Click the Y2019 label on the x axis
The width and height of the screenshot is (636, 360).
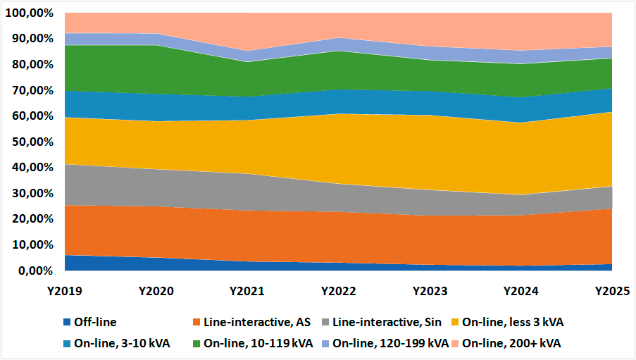[65, 292]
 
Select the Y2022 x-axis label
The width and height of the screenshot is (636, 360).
[338, 292]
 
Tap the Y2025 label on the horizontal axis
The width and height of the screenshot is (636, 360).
[612, 292]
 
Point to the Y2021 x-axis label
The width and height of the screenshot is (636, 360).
[247, 292]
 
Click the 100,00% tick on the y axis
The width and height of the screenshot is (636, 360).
[29, 13]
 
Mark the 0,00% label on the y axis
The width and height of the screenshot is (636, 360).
[36, 271]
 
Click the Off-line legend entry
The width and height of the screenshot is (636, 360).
[90, 322]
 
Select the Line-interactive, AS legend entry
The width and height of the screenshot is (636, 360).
[251, 322]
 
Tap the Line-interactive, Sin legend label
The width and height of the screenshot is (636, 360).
[382, 322]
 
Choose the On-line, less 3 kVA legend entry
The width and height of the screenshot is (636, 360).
[508, 322]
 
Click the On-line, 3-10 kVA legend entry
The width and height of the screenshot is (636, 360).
[117, 343]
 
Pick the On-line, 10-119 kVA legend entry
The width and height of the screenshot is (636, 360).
[253, 343]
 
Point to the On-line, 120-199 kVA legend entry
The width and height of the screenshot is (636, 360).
[385, 343]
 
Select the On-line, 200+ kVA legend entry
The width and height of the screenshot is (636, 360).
[506, 343]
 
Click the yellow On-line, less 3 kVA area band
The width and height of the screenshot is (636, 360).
[338, 149]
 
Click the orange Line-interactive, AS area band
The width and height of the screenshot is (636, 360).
[338, 237]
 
